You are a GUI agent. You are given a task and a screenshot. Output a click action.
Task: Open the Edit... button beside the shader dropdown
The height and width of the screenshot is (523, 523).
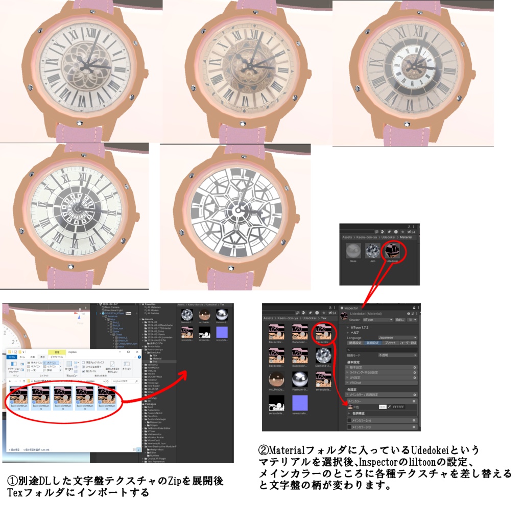[400, 320]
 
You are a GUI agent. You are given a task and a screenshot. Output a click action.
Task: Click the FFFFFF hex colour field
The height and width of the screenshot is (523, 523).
[398, 407]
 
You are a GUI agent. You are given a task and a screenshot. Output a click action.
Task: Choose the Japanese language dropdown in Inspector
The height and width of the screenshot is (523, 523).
[397, 338]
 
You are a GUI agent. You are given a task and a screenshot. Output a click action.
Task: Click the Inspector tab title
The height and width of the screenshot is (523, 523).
[351, 308]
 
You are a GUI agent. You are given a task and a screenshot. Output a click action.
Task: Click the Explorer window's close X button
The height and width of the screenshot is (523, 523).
[138, 352]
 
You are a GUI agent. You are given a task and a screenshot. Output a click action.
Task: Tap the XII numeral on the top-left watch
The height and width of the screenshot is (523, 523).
[91, 33]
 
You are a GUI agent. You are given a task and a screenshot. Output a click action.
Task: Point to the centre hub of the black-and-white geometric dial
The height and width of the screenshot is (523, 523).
[235, 210]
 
